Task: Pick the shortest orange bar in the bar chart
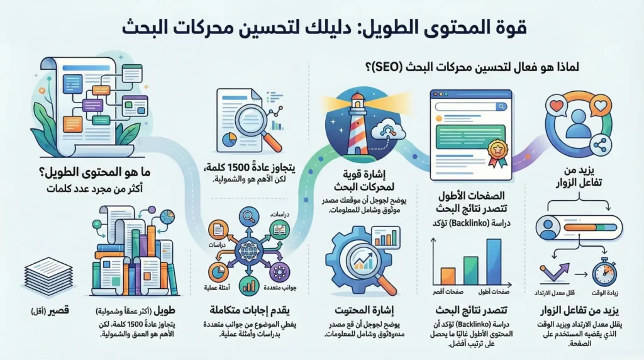tap(448, 276)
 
